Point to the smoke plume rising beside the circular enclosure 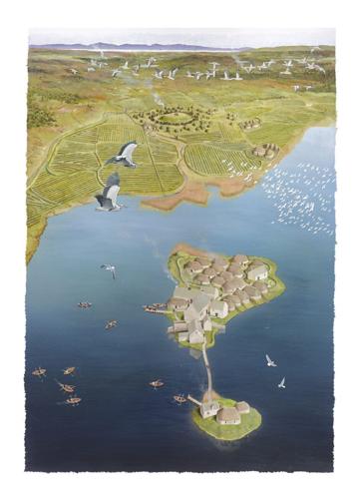click(x=159, y=98)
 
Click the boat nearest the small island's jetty click(x=180, y=399)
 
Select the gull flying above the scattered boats click(x=108, y=268)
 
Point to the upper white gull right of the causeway click(x=269, y=360)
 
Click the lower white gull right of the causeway click(x=281, y=382)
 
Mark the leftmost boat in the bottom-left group click(x=39, y=372)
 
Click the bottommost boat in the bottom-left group click(x=72, y=400)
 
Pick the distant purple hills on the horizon click(x=150, y=46)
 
